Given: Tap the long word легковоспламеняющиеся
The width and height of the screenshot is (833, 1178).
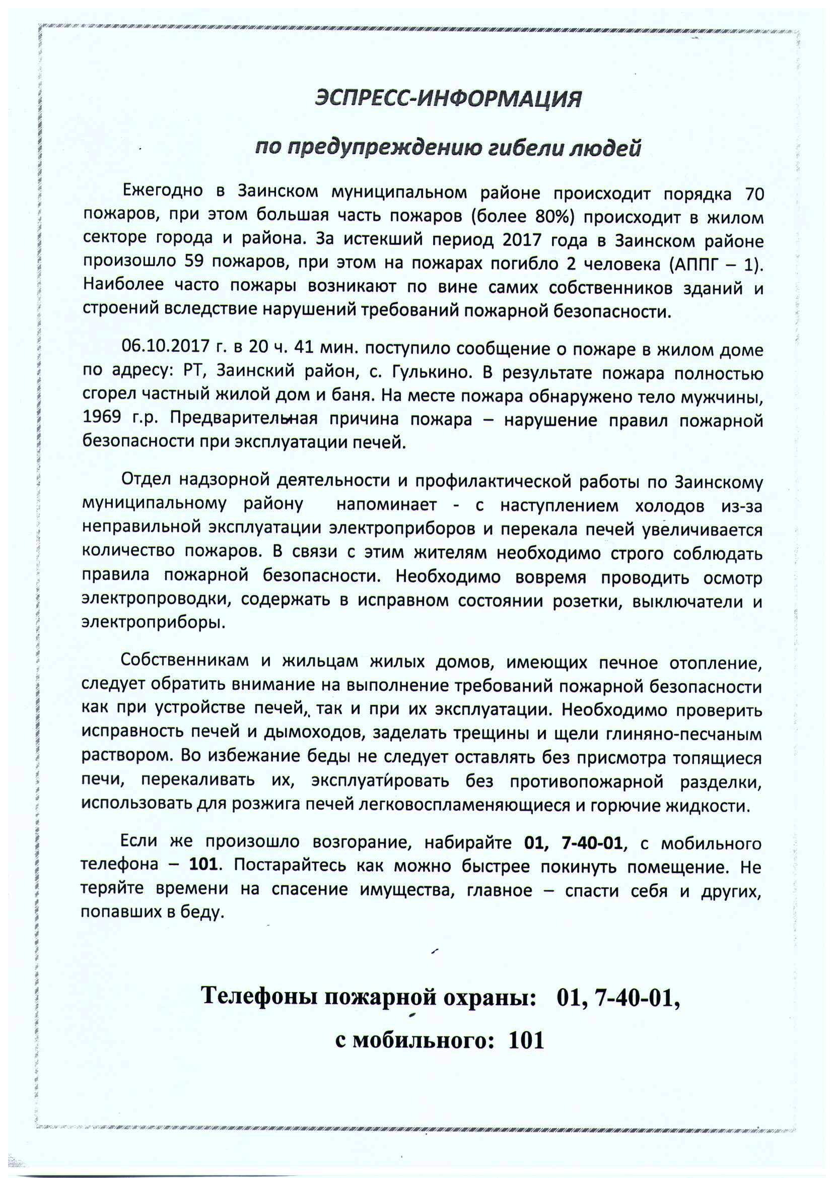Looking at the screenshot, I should (464, 805).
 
